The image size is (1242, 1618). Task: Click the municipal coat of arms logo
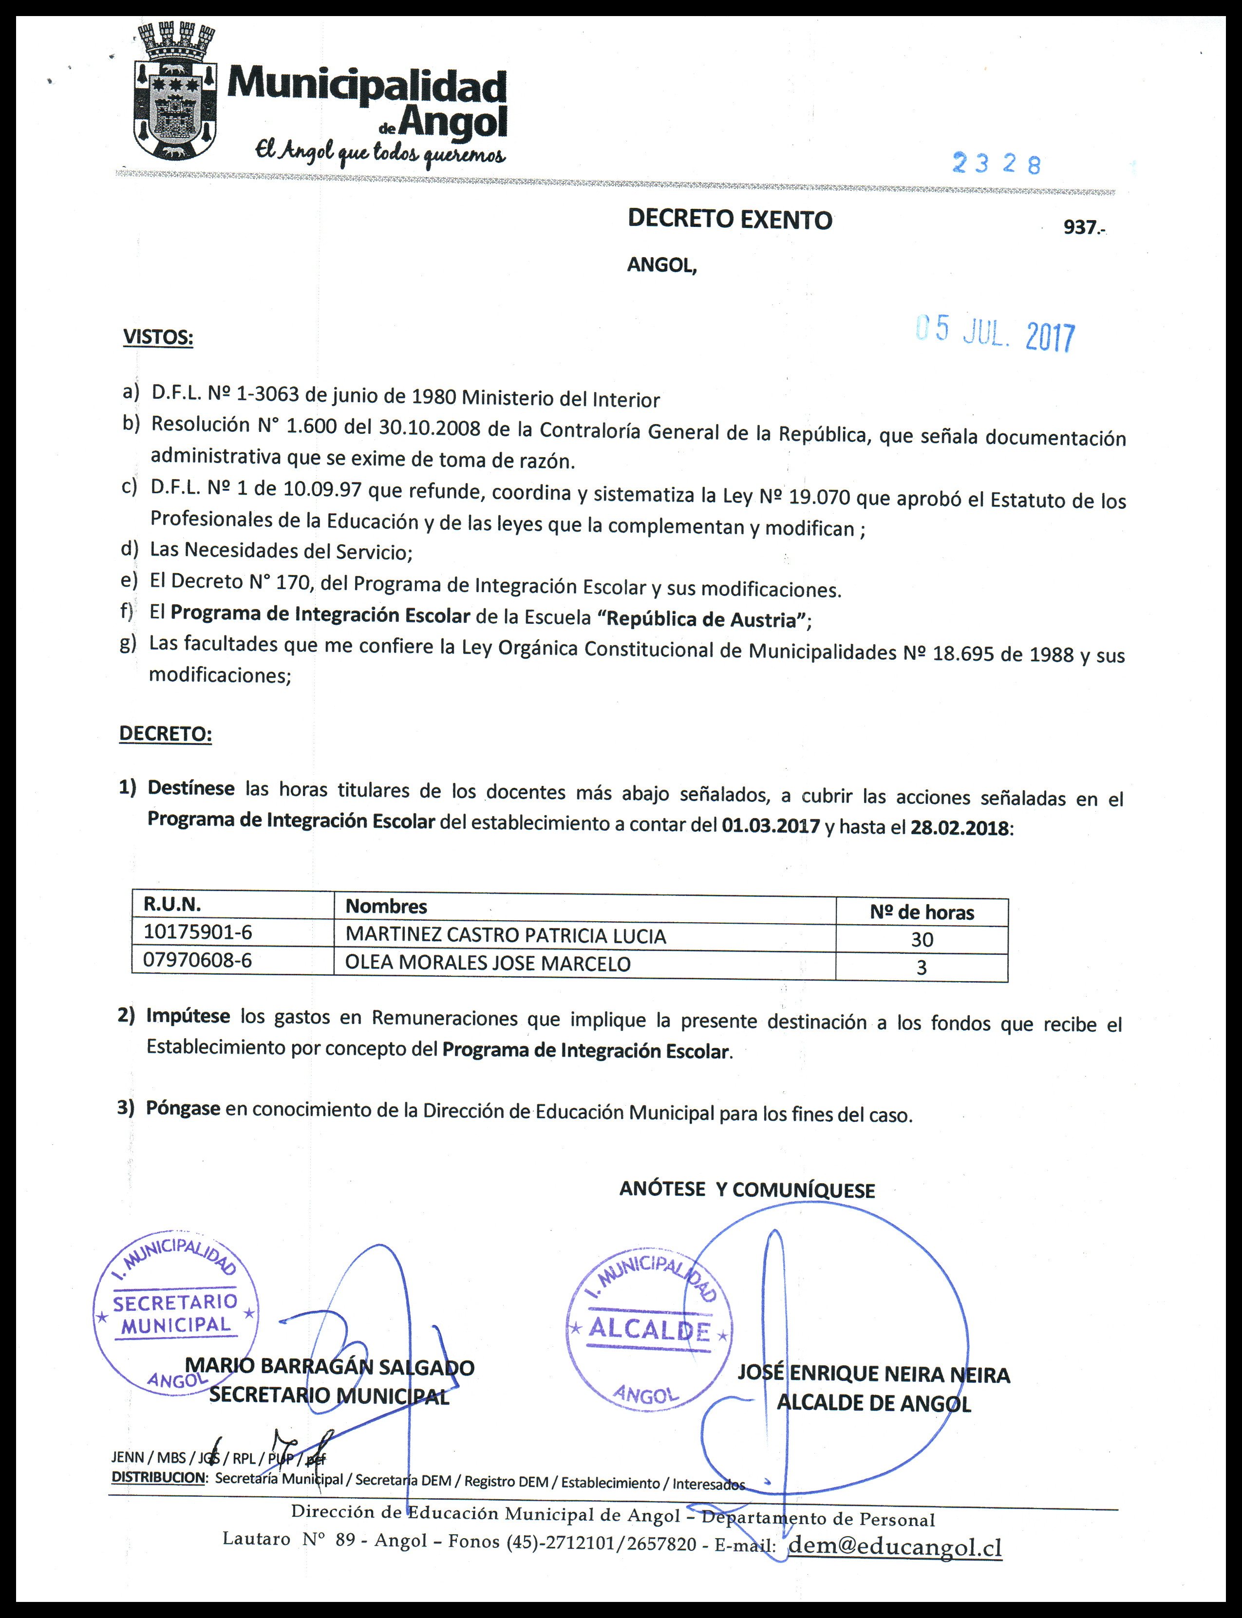(176, 93)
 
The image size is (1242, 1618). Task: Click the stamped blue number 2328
(996, 163)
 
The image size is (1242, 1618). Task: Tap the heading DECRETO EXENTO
(730, 220)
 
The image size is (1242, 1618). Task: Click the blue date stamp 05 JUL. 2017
(995, 334)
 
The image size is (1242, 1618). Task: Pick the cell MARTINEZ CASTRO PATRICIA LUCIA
(506, 936)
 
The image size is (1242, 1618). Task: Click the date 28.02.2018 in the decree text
(959, 827)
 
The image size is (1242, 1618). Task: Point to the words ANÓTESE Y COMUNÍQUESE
(747, 1190)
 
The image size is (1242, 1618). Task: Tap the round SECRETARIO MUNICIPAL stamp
(175, 1313)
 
